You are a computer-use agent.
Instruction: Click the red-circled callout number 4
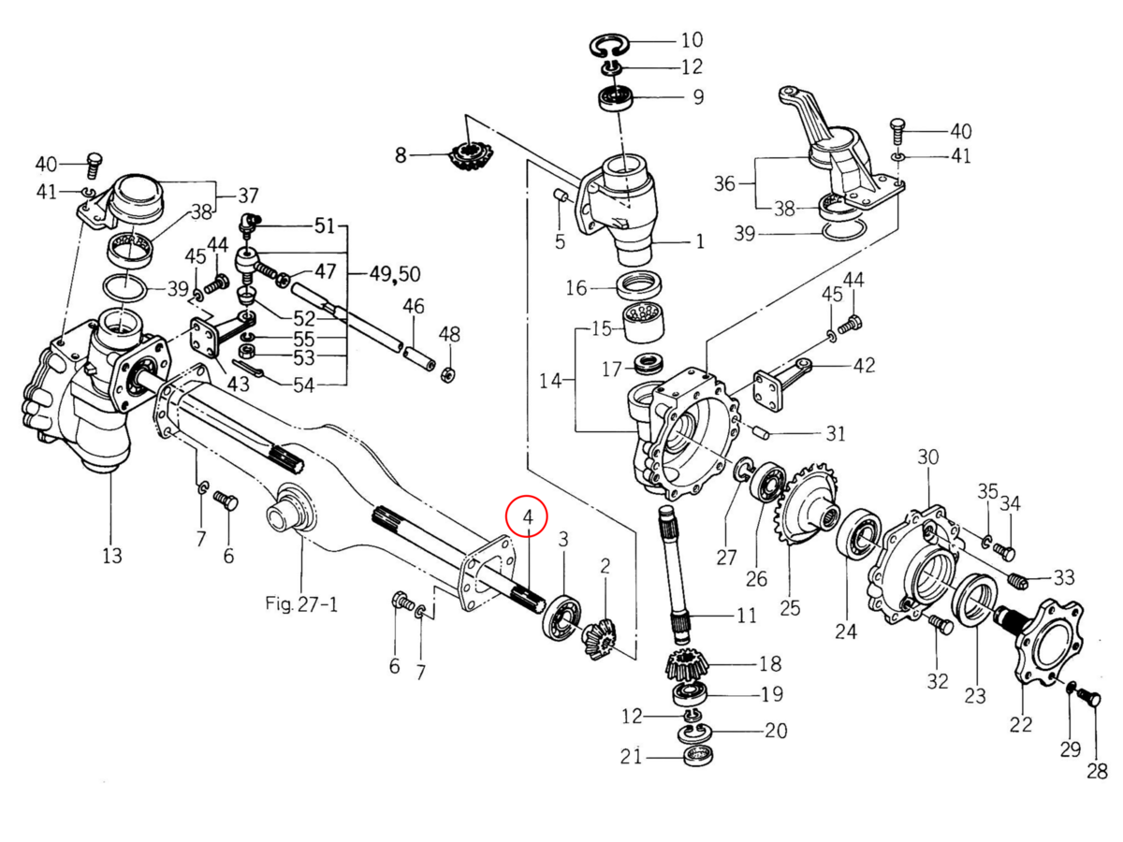(529, 515)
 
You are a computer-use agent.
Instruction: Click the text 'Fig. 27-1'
(301, 604)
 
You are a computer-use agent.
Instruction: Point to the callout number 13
(111, 557)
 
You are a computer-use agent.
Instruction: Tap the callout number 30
(927, 457)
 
